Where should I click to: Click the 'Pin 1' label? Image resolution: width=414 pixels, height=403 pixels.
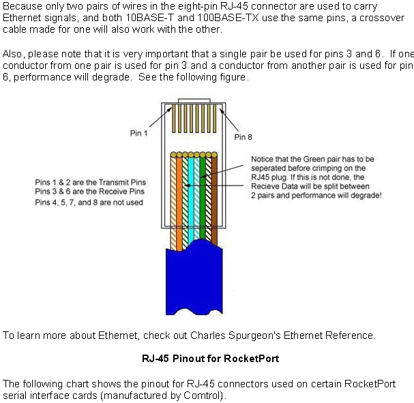point(138,133)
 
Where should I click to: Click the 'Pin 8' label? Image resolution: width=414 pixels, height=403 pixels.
point(243,137)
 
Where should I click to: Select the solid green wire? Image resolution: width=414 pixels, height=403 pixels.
point(203,198)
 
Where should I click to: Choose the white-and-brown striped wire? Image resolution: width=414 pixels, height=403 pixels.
point(208,198)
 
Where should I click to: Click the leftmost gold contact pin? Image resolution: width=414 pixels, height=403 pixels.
point(173,119)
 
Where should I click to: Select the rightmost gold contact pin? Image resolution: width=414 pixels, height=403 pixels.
point(214,119)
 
